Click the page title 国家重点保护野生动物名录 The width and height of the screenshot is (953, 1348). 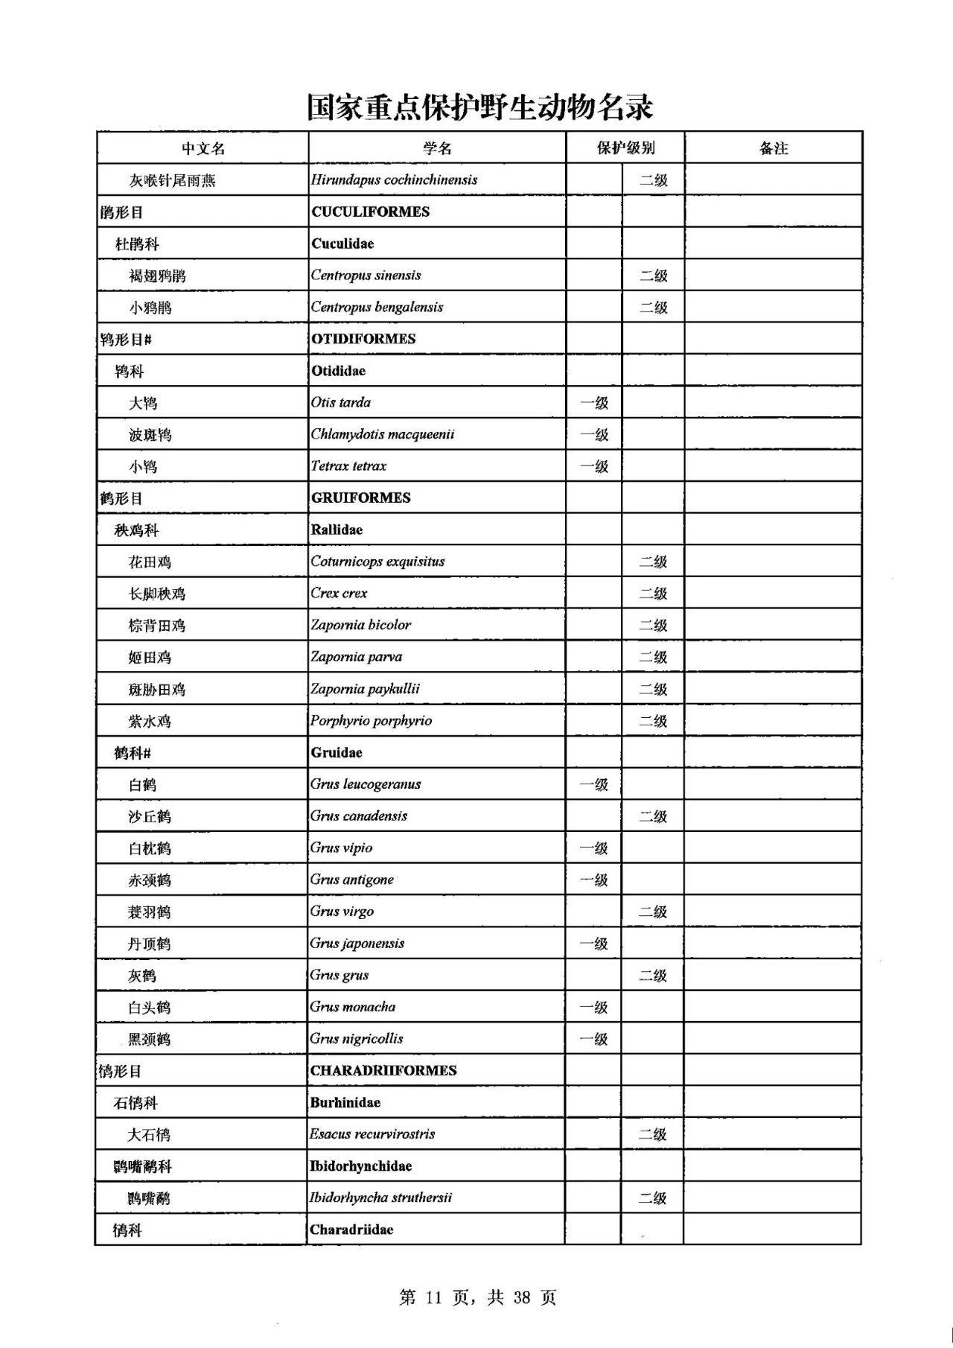pyautogui.click(x=480, y=107)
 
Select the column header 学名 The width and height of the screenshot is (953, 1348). pyautogui.click(x=437, y=148)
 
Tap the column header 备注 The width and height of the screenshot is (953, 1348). pyautogui.click(x=774, y=148)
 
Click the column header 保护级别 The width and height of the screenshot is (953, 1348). pyautogui.click(x=625, y=148)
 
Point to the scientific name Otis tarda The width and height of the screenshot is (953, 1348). pyautogui.click(x=341, y=403)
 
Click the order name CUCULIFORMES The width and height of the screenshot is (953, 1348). pyautogui.click(x=371, y=212)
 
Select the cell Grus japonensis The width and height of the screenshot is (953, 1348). pyautogui.click(x=357, y=944)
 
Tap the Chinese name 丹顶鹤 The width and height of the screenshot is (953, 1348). pyautogui.click(x=149, y=944)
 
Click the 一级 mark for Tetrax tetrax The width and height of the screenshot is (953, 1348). pyautogui.click(x=594, y=467)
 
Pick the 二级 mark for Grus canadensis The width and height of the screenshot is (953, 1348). pyautogui.click(x=653, y=817)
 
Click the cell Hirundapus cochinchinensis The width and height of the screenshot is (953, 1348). pyautogui.click(x=395, y=179)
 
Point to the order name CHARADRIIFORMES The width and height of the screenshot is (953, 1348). pyautogui.click(x=383, y=1071)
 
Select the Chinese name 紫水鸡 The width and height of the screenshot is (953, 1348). pyautogui.click(x=150, y=722)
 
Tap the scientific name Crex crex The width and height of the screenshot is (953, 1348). pyautogui.click(x=340, y=594)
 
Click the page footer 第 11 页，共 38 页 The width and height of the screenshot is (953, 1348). pyautogui.click(x=477, y=1297)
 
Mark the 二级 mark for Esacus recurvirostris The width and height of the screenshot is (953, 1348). pyautogui.click(x=653, y=1135)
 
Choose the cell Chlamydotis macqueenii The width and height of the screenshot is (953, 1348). pyautogui.click(x=383, y=434)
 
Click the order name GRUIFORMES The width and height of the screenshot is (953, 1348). pyautogui.click(x=361, y=498)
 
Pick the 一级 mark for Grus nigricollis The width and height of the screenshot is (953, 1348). pyautogui.click(x=594, y=1040)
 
